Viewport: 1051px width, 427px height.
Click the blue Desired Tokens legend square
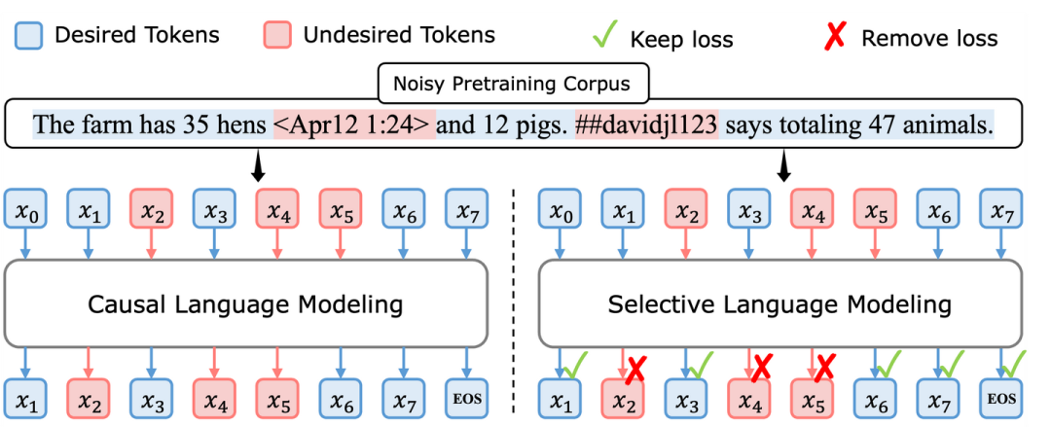coord(29,36)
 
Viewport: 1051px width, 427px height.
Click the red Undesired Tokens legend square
coord(277,36)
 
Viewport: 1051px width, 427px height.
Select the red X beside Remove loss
coord(836,36)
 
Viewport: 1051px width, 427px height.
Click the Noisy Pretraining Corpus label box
coord(513,84)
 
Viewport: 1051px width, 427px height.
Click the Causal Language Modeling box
coord(245,304)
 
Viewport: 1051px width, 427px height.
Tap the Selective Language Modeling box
coord(779,304)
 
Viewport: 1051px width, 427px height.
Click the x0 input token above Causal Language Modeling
coord(25,209)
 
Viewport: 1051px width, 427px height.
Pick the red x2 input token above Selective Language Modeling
coord(685,209)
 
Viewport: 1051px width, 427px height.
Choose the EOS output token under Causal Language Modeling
coord(466,400)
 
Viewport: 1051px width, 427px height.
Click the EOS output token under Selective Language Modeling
coord(1000,400)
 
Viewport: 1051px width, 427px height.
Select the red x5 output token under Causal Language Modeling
coord(276,400)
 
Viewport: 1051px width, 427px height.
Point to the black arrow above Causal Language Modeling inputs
coord(257,165)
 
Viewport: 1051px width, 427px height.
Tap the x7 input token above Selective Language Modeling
coord(1000,209)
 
